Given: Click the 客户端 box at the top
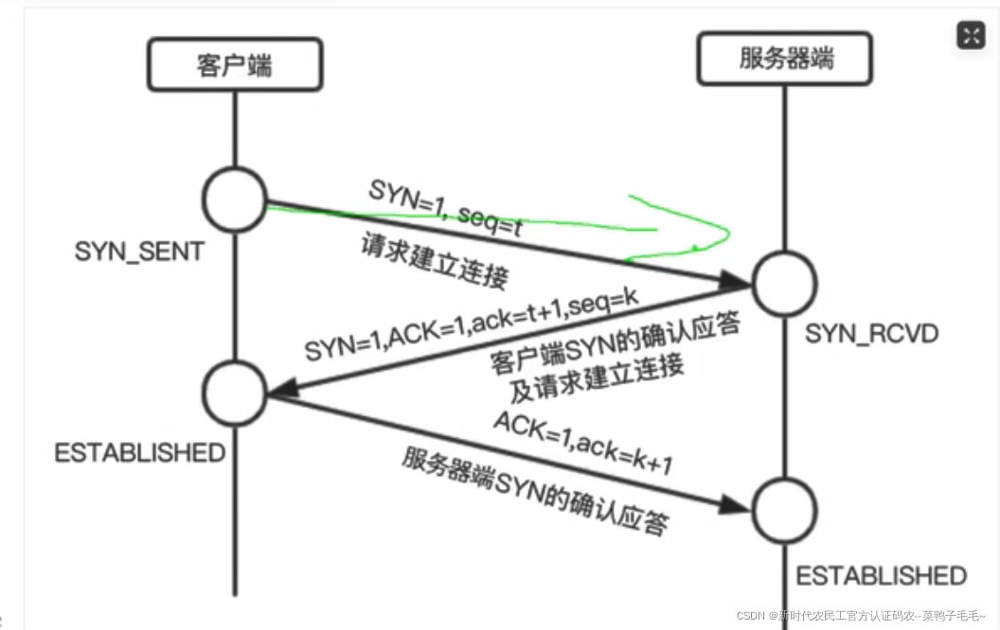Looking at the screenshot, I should pos(234,65).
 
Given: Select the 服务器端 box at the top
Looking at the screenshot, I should pos(786,59).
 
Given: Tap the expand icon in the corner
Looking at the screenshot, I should pos(972,36).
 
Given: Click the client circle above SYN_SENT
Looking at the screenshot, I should pos(235,199).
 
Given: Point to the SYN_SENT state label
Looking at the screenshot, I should pos(139,252).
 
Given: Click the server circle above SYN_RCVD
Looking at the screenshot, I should pos(784,282).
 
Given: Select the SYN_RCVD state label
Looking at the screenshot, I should pos(871,333).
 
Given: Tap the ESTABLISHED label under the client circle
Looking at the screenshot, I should pos(140,452).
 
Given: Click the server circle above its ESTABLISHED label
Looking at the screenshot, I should pos(784,510).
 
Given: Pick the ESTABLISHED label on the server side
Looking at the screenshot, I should pos(881,575).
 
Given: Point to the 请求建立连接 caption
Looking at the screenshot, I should pos(435,262).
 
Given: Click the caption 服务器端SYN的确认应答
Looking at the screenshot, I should pos(535,489).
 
